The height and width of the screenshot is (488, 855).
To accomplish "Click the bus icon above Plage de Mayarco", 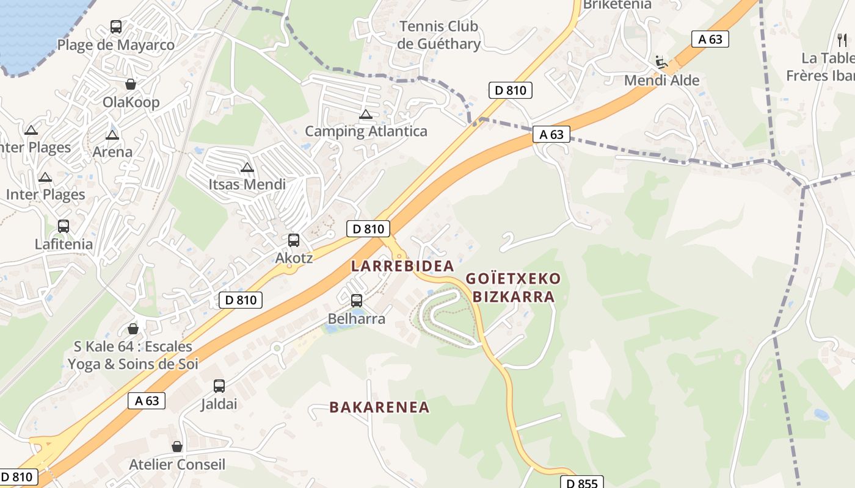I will click(x=116, y=27).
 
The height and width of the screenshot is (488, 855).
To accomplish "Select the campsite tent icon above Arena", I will click(x=112, y=135).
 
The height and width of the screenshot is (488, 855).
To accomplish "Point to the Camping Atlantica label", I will click(x=366, y=131).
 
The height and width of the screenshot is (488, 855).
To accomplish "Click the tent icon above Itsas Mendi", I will click(x=247, y=167).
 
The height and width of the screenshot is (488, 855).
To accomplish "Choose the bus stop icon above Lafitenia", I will click(x=63, y=226).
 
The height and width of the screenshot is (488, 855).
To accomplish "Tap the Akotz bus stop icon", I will click(x=294, y=240).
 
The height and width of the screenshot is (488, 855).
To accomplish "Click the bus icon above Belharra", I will click(x=357, y=301).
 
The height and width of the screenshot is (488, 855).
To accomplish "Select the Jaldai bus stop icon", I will click(x=219, y=386).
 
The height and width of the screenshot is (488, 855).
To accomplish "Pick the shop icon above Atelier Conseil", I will click(x=177, y=447).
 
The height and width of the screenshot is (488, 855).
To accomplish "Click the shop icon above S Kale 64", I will click(x=133, y=329).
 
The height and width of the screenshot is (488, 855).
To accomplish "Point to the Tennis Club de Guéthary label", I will click(x=438, y=35).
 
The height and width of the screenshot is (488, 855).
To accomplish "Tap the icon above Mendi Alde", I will click(x=661, y=62).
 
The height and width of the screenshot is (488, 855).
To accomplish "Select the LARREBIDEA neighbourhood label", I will click(x=402, y=266).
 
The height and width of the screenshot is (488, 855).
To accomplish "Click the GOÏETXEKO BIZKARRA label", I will click(x=513, y=288).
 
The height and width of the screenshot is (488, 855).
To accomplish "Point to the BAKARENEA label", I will click(x=379, y=407).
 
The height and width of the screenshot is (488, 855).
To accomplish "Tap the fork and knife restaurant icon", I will click(x=843, y=40).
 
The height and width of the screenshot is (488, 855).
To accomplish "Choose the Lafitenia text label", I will click(x=64, y=244).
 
